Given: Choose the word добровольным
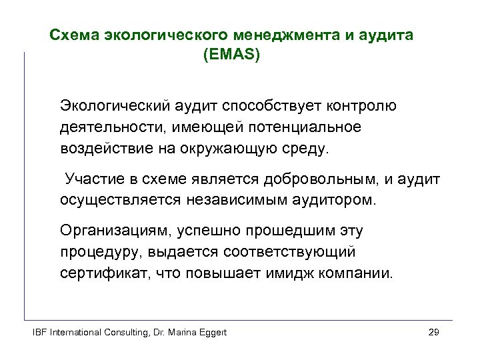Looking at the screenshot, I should [325, 179].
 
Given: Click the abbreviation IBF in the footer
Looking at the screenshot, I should [41, 332].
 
